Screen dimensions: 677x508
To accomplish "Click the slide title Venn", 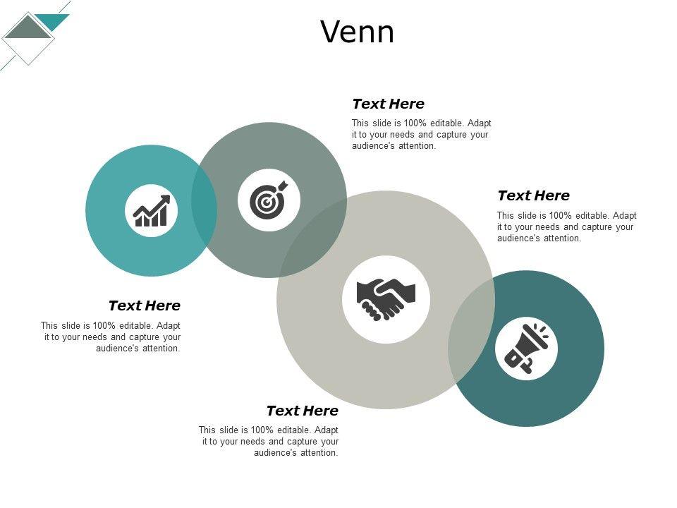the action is point(358,32).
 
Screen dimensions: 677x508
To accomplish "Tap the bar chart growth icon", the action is point(151,211).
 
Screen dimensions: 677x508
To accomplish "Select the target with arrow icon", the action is point(269,200).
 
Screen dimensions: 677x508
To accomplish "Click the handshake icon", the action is point(386,299).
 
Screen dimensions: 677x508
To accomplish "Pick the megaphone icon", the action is point(526,348).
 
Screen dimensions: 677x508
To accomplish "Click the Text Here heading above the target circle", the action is point(388,104).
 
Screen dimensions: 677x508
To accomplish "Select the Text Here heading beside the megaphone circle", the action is point(533,196).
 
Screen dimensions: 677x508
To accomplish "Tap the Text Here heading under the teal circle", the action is point(145,306).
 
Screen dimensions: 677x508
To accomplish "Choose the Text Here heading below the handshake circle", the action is point(303,411).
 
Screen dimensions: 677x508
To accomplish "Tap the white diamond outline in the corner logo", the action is point(28,53).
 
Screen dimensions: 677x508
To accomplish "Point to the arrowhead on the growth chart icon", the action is point(165,200).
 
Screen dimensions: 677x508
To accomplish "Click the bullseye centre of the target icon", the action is point(266,203).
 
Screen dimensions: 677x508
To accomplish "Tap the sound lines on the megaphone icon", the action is point(541,329).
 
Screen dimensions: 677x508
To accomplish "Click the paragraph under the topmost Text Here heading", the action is point(421,135).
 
